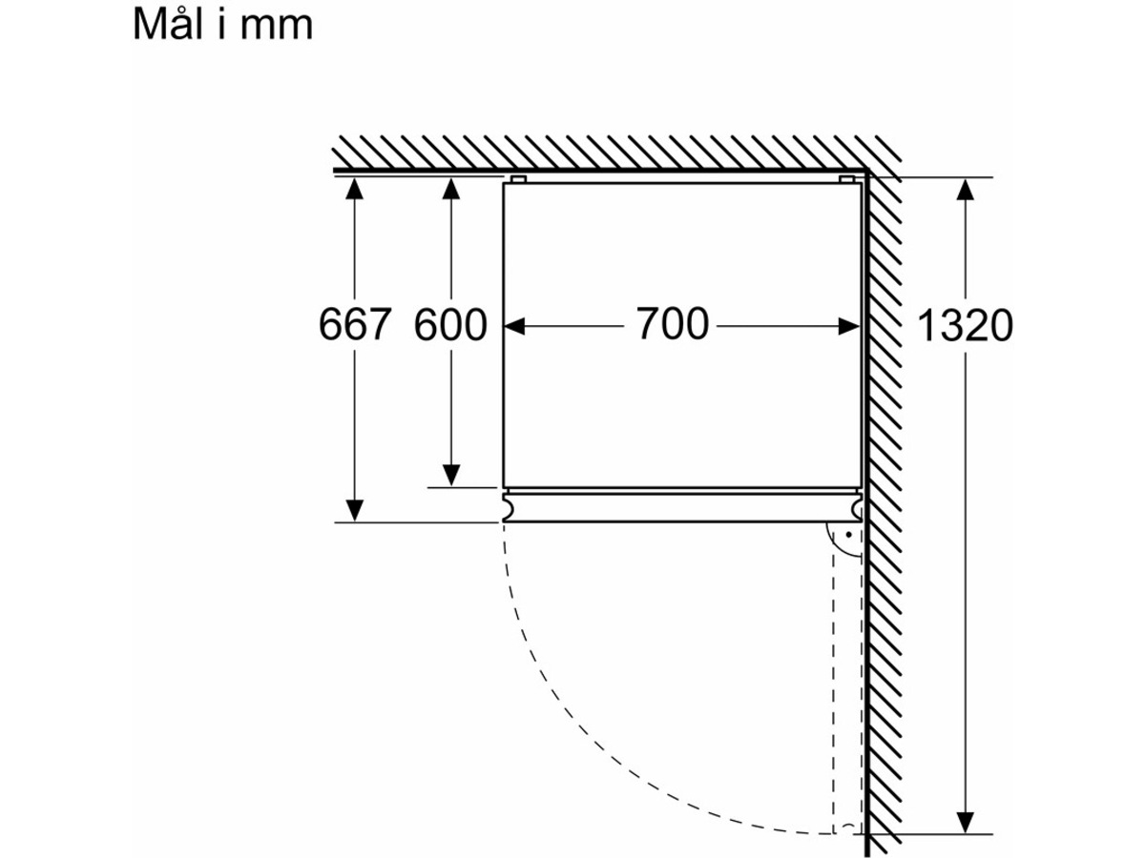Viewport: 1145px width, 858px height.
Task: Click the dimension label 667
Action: pyautogui.click(x=355, y=324)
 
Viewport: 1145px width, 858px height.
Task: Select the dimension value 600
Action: pyautogui.click(x=450, y=324)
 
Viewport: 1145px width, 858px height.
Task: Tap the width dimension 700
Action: pyautogui.click(x=673, y=323)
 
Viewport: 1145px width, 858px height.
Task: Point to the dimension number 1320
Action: pyautogui.click(x=965, y=326)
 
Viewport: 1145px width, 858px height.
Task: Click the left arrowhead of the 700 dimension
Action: pyautogui.click(x=514, y=327)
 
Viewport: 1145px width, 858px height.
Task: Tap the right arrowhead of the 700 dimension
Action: pyautogui.click(x=848, y=327)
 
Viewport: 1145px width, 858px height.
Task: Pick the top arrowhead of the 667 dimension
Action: pyautogui.click(x=354, y=189)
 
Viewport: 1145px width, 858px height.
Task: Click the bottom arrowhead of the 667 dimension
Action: pyautogui.click(x=354, y=510)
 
